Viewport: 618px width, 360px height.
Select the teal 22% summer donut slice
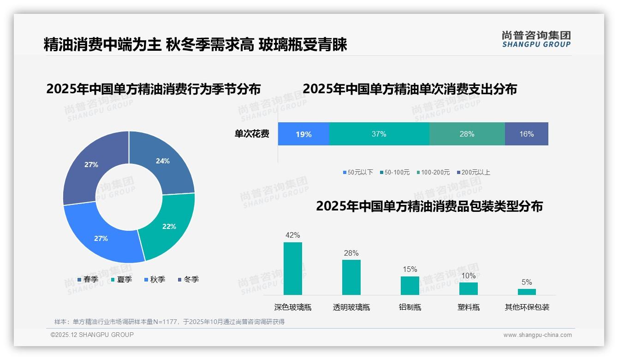click(x=168, y=226)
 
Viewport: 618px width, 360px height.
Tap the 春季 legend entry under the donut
click(x=88, y=279)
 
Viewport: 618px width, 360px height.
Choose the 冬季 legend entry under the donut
click(x=188, y=279)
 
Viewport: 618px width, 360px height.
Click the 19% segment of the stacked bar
click(x=303, y=134)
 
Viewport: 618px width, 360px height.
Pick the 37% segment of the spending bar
click(x=379, y=134)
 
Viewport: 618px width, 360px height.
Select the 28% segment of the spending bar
click(x=467, y=134)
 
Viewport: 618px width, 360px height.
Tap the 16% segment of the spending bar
click(x=526, y=134)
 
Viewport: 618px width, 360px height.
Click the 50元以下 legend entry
click(x=358, y=172)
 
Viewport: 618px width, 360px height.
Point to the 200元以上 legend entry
click(x=473, y=172)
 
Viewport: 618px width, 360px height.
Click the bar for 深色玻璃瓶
click(x=293, y=269)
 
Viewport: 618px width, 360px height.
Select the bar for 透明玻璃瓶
click(x=351, y=277)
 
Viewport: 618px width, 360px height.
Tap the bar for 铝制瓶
click(x=410, y=285)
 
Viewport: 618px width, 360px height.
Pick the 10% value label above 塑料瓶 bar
click(x=469, y=276)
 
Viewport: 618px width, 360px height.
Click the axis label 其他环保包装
click(x=527, y=307)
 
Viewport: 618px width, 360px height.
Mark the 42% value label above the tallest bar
click(x=293, y=235)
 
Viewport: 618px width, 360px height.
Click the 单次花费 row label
click(x=252, y=134)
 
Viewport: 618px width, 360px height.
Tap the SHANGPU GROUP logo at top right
click(x=536, y=39)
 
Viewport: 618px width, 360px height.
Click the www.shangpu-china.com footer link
click(x=537, y=335)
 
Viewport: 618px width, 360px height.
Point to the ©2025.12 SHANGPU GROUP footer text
click(x=92, y=335)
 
